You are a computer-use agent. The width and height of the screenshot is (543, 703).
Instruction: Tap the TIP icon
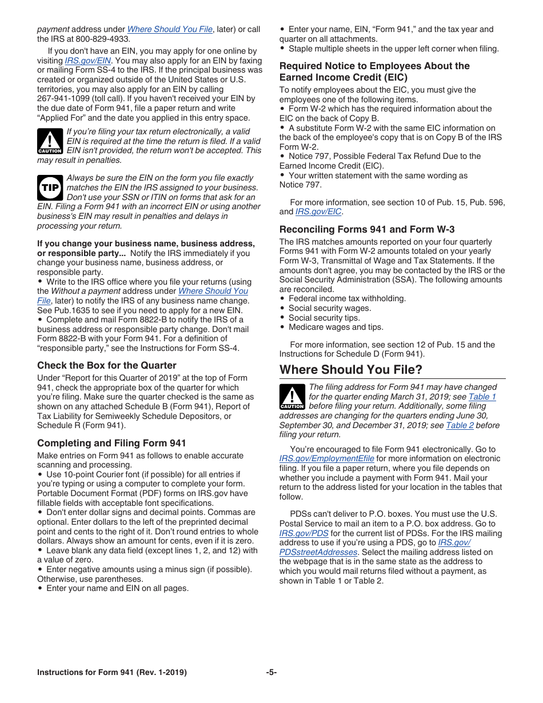50,187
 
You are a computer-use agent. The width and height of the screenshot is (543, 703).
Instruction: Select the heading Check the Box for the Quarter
107,365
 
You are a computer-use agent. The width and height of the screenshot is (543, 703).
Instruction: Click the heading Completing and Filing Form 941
111,443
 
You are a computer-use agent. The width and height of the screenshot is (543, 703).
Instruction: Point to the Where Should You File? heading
351,369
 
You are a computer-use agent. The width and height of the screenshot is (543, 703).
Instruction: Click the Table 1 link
482,397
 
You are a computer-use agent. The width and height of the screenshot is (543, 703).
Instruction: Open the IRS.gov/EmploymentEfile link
326,458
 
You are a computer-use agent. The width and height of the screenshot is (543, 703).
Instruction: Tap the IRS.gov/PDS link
304,533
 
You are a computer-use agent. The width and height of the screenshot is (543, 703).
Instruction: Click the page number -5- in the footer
271,673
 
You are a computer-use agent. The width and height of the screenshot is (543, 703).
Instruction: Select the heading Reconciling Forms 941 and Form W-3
367,229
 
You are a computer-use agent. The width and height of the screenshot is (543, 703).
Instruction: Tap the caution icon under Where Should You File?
292,397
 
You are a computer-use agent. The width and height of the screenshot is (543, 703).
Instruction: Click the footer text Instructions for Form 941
111,673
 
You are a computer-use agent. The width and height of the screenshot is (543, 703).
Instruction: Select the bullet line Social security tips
324,318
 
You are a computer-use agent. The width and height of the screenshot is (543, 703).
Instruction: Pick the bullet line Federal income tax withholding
347,298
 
